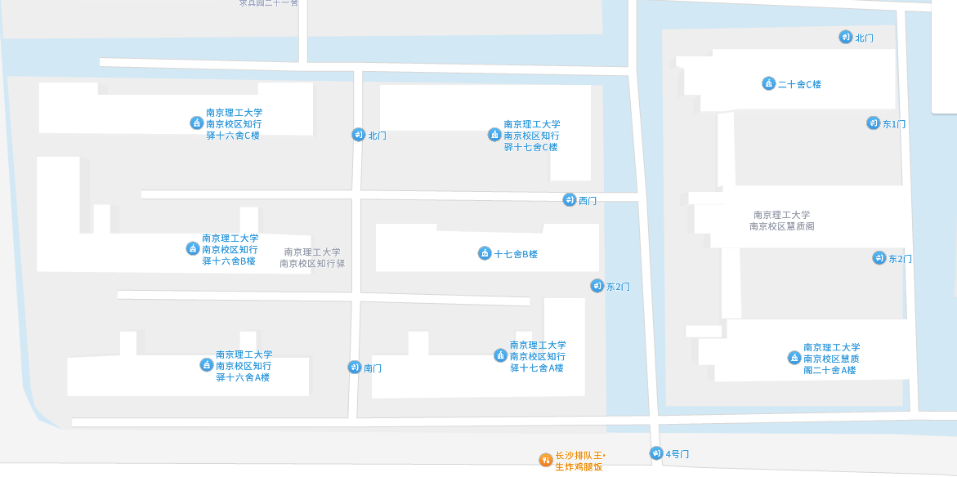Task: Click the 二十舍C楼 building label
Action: [x=799, y=84]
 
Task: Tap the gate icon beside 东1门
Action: [x=873, y=123]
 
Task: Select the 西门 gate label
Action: [x=588, y=201]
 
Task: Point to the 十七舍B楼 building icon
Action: [x=485, y=253]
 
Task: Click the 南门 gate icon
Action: [x=354, y=368]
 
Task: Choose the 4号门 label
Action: [x=678, y=453]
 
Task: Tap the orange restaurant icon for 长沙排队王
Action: [x=545, y=460]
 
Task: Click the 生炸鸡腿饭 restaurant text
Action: [x=579, y=466]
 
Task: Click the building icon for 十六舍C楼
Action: [x=196, y=123]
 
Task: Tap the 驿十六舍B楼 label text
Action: [x=229, y=261]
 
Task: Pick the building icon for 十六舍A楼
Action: [x=207, y=365]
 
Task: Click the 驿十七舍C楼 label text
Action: [x=530, y=147]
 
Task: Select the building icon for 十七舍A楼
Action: [x=500, y=355]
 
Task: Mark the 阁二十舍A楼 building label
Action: [x=830, y=370]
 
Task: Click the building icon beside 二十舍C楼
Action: [x=768, y=83]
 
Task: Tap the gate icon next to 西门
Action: [x=569, y=200]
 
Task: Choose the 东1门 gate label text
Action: [x=894, y=124]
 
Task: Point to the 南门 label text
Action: [x=373, y=368]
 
